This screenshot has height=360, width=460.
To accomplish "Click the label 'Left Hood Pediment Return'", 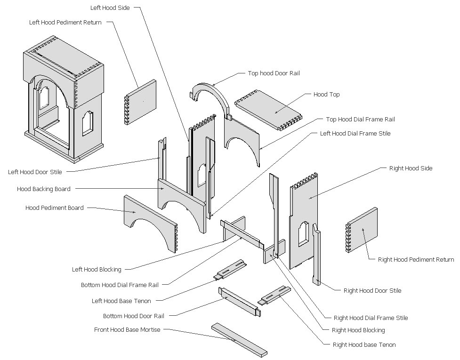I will [65, 22].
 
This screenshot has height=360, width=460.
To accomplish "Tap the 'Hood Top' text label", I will [326, 95].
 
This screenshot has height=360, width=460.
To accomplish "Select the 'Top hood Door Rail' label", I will [274, 73].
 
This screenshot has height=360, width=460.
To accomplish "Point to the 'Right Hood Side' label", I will [411, 168].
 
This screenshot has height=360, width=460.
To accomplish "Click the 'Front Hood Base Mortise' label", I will [127, 330].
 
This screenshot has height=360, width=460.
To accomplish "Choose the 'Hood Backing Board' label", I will [44, 189].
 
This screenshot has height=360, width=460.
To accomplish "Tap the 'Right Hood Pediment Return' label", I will [416, 259].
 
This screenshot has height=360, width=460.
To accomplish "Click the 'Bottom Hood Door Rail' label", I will [133, 316].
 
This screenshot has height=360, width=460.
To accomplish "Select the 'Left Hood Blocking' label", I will [97, 270].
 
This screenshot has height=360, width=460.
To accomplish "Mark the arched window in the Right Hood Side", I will [303, 234].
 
